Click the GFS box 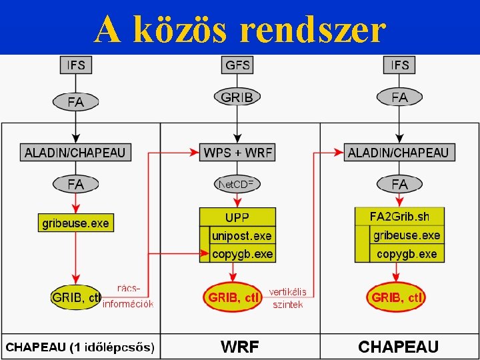(x=238, y=65)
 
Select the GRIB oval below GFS (x=237, y=97)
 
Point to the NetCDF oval (x=237, y=183)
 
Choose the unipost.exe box (x=241, y=236)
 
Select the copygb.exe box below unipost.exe (x=241, y=254)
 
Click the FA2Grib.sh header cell (x=399, y=217)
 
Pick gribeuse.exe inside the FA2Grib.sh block (x=406, y=235)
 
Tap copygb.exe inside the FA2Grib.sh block (x=406, y=254)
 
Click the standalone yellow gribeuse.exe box (x=75, y=223)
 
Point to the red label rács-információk (x=128, y=296)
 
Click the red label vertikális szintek (x=287, y=298)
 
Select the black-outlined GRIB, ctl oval (x=76, y=298)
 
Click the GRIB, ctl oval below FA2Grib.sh (x=396, y=297)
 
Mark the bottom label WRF (x=239, y=347)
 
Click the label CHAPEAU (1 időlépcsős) (x=80, y=347)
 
